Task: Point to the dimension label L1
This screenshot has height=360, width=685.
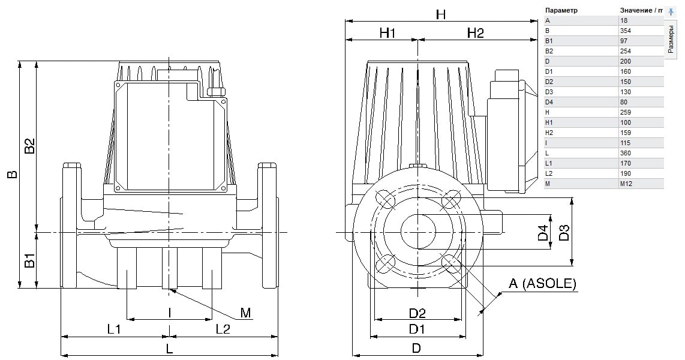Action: pyautogui.click(x=114, y=329)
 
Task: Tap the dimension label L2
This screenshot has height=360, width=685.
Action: pyautogui.click(x=223, y=329)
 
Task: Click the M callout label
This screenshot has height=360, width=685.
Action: pyautogui.click(x=246, y=313)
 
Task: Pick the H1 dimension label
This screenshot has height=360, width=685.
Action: pyautogui.click(x=387, y=33)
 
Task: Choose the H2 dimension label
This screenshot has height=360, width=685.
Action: pyautogui.click(x=476, y=33)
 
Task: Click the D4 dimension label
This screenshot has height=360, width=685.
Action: pyautogui.click(x=543, y=232)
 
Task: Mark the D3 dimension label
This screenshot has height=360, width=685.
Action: pyautogui.click(x=565, y=232)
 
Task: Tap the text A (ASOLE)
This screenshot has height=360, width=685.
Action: pyautogui.click(x=543, y=284)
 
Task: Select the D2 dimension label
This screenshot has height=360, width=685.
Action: pyautogui.click(x=417, y=313)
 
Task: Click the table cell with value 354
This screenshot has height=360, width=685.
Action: pyautogui.click(x=625, y=31)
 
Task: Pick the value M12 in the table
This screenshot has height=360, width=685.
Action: pyautogui.click(x=626, y=184)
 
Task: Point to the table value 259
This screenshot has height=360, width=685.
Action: pyautogui.click(x=625, y=112)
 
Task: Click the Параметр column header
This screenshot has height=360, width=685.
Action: pyautogui.click(x=562, y=10)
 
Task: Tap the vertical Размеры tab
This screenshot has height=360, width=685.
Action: pyautogui.click(x=671, y=39)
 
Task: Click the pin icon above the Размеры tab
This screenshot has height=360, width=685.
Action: pyautogui.click(x=672, y=12)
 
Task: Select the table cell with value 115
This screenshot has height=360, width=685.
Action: pyautogui.click(x=625, y=143)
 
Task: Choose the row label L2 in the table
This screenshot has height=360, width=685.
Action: pyautogui.click(x=549, y=173)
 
